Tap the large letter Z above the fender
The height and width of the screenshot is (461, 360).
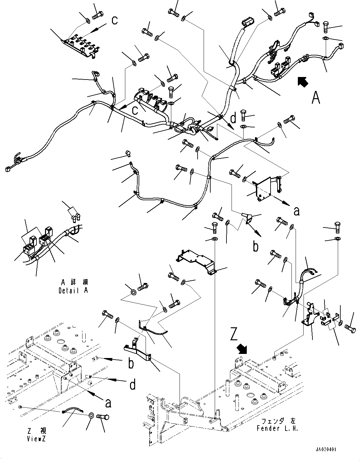(x=234, y=334)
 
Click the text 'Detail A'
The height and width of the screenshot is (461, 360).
(x=73, y=291)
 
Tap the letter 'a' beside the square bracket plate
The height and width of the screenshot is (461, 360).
(x=296, y=211)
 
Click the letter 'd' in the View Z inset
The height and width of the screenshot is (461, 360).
(x=133, y=385)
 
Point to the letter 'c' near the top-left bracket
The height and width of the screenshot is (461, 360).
(x=115, y=20)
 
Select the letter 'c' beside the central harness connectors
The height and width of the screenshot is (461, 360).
(x=135, y=111)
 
